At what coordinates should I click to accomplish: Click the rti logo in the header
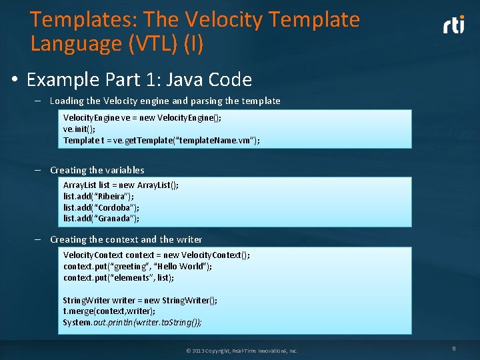tap(454, 25)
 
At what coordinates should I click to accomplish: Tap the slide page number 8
tap(453, 347)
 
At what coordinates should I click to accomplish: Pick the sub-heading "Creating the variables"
tap(97, 170)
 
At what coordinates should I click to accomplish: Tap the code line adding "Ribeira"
tap(99, 196)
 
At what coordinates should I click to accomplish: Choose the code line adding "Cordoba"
tap(101, 207)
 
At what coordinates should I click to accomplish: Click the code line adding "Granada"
tap(101, 218)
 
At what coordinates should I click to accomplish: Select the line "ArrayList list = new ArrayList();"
tap(121, 185)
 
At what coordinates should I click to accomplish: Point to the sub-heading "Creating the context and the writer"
tap(126, 239)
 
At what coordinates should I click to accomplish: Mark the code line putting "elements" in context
tap(119, 277)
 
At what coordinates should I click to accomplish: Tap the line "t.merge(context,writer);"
tap(109, 311)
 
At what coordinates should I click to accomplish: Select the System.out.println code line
tap(132, 322)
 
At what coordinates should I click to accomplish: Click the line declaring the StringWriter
tap(140, 300)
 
